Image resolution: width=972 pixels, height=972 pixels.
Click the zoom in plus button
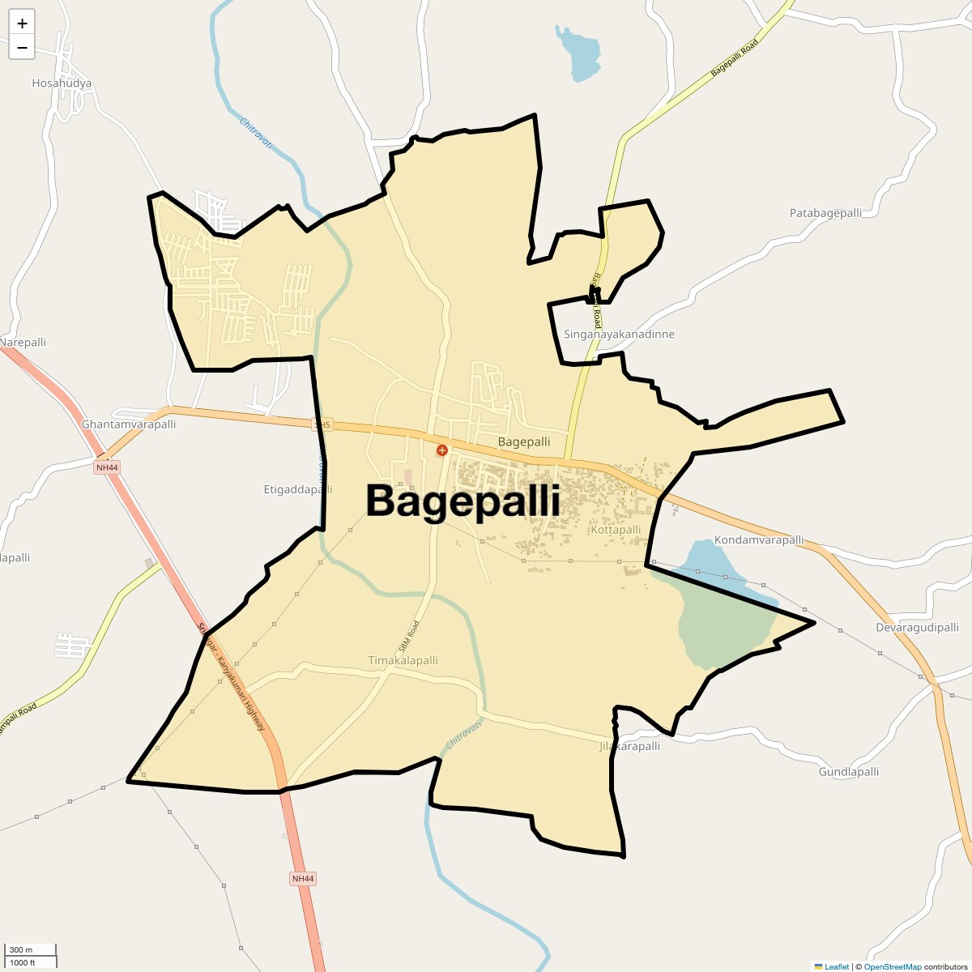point(22,23)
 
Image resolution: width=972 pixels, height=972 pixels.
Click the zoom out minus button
point(22,47)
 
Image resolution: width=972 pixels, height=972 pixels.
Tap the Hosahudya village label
point(62,83)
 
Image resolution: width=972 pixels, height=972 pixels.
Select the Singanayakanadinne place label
point(619,335)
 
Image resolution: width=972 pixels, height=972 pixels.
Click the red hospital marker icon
point(442,450)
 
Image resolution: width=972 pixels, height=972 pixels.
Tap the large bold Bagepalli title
point(463,501)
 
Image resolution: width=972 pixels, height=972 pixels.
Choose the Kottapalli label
point(616,530)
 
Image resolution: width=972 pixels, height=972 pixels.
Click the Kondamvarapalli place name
point(759,540)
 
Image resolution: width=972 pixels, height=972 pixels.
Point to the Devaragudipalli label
point(917,628)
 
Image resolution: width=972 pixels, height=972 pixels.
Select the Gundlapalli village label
point(849,772)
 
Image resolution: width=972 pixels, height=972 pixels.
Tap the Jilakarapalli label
point(629,746)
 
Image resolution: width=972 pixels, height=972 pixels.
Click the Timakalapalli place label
point(403,660)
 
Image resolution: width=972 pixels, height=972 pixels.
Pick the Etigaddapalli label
point(298,489)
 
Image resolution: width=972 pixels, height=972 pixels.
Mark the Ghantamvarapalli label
point(129,424)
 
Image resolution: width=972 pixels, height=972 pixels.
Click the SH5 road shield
point(322,424)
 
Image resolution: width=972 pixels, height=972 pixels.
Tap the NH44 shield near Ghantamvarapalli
point(107,467)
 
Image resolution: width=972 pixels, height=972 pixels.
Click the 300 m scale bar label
point(21,950)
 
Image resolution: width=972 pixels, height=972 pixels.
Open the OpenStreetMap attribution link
point(892,967)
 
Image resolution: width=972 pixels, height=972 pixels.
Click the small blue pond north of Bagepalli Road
point(578,54)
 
